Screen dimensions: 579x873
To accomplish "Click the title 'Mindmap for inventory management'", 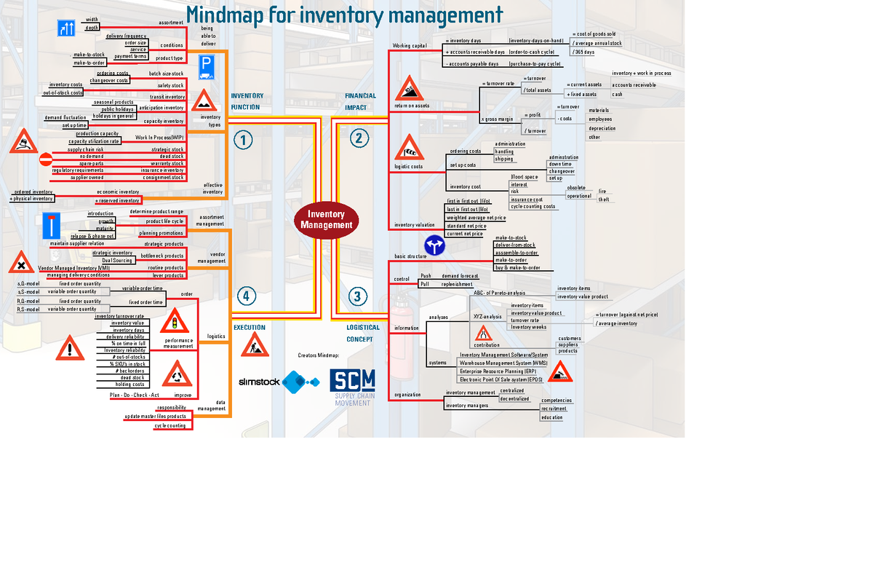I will (x=344, y=15).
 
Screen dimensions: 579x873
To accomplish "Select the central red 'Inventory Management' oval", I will (x=326, y=219).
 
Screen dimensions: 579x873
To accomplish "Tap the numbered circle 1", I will (x=242, y=139).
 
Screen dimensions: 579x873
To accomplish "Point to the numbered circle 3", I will (x=356, y=296).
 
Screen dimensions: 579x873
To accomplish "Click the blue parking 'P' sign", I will (x=206, y=66).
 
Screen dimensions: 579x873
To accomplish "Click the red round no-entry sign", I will (x=46, y=159).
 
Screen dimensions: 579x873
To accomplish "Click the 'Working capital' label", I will (x=409, y=46).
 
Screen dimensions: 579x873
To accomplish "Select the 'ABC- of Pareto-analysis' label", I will (x=499, y=293).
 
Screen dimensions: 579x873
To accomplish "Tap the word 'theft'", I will (x=604, y=200).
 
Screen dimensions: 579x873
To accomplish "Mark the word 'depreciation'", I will (x=602, y=128).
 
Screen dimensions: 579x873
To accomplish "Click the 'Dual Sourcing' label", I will (x=117, y=260).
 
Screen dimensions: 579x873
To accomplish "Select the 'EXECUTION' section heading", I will (x=249, y=328).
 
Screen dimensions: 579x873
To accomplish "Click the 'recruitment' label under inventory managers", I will (x=554, y=409).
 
